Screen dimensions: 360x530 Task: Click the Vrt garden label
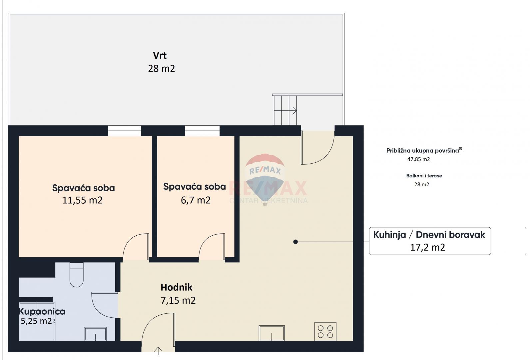160,55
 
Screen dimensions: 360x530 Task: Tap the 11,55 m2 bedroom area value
82,200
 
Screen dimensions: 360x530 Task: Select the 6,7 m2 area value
196,200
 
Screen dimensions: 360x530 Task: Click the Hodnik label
177,287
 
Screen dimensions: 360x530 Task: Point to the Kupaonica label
42,311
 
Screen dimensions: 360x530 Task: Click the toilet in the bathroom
76,275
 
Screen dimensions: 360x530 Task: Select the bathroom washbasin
95,334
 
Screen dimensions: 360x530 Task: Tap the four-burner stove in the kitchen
325,332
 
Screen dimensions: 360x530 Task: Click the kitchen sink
271,333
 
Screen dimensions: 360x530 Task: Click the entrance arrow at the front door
158,350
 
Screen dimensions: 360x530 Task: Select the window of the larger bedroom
124,131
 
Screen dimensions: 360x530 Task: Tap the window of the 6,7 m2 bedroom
202,131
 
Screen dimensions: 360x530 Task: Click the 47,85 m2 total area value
418,159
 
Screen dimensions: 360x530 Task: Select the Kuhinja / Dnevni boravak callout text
429,235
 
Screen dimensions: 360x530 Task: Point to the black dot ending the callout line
295,242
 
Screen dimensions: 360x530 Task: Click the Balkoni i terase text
424,176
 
